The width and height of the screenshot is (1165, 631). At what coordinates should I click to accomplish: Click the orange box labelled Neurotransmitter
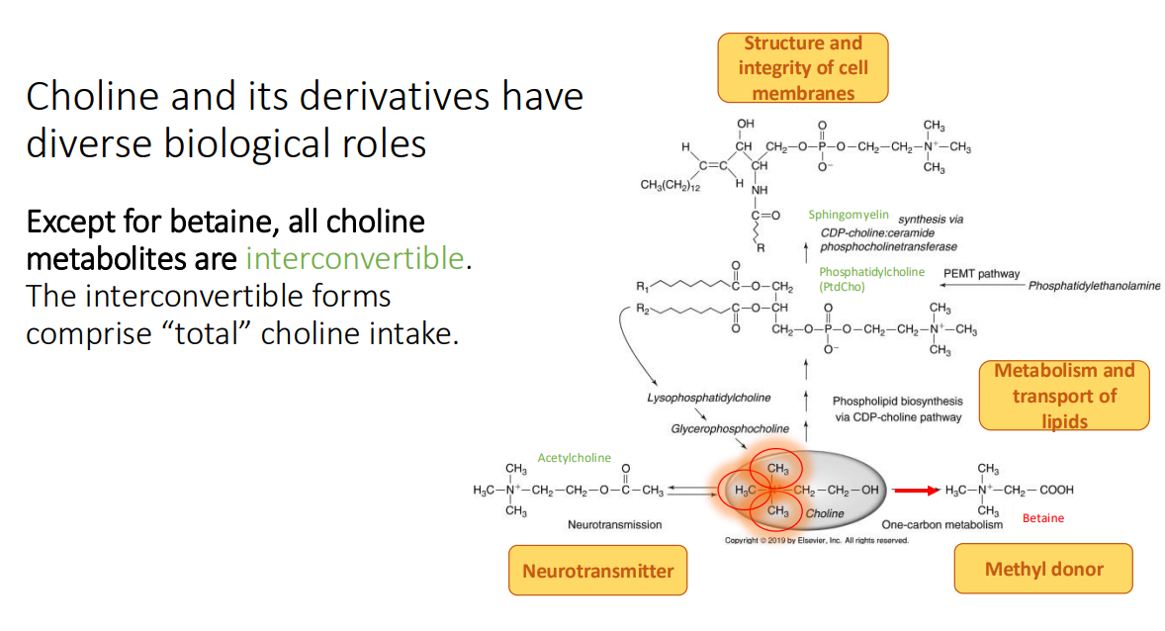[x=597, y=571]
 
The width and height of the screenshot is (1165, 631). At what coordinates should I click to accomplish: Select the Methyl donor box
[x=1043, y=569]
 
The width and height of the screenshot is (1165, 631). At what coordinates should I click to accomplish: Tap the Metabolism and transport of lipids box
[x=1064, y=396]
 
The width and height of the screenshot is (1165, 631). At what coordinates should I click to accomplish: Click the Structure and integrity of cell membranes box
[x=803, y=68]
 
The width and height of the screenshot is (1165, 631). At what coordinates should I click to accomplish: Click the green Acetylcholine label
[x=575, y=458]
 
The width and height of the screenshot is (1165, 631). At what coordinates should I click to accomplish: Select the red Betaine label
[x=1043, y=518]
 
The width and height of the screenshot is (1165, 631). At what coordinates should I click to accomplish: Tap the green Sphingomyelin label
[x=849, y=214]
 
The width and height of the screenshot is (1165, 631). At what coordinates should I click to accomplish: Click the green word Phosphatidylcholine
[x=871, y=272]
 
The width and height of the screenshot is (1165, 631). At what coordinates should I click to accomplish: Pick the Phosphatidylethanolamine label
[x=1094, y=286]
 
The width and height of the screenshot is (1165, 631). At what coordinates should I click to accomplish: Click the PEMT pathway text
[x=981, y=274]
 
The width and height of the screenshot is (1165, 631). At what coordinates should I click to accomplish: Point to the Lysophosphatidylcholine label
[x=709, y=398]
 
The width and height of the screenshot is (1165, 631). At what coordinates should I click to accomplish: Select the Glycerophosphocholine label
[x=730, y=428]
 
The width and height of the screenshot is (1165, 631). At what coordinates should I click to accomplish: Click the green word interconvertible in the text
[x=354, y=259]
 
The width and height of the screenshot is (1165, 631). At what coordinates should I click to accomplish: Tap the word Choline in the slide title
[x=85, y=97]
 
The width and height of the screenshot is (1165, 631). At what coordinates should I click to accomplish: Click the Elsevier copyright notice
[x=816, y=540]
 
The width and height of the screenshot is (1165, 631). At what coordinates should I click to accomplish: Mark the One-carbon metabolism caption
[x=941, y=524]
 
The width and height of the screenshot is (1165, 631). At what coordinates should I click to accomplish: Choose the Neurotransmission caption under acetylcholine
[x=614, y=524]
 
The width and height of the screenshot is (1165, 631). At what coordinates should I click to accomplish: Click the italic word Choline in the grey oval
[x=824, y=513]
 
